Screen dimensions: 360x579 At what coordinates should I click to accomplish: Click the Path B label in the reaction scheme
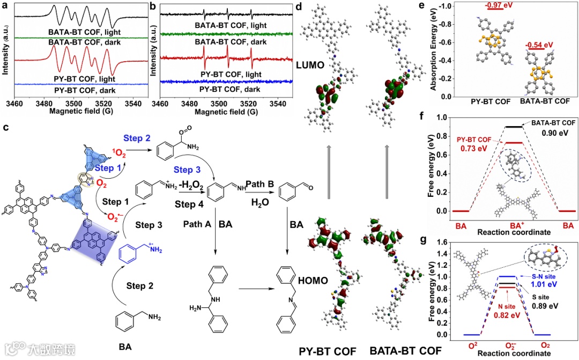(261, 183)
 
